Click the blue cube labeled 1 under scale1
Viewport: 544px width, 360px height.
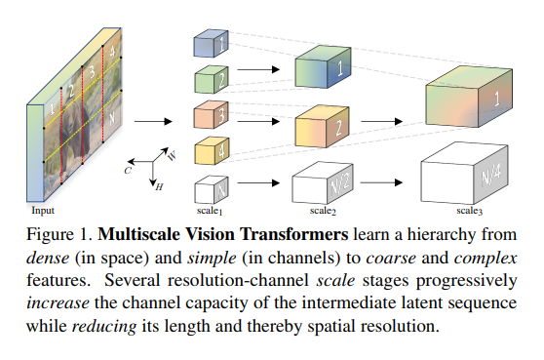coord(209,44)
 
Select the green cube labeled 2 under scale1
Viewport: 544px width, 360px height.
coord(209,77)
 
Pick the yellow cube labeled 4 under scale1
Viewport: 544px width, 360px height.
coord(209,151)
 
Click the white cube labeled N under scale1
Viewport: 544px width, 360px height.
coord(209,188)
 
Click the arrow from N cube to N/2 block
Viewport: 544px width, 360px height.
coord(257,181)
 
